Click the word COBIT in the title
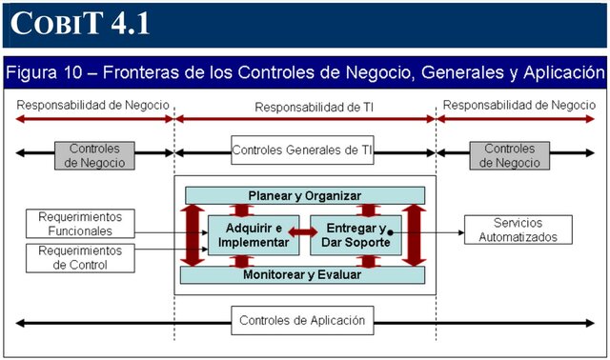53,23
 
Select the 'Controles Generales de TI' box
301,150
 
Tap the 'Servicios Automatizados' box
518,230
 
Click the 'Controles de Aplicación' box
301,321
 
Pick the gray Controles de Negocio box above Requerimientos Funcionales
94,155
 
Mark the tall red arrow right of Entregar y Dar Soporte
414,234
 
